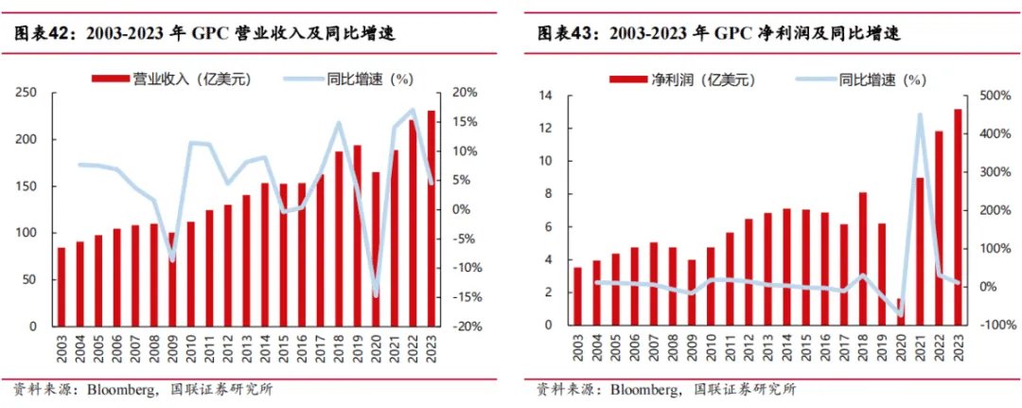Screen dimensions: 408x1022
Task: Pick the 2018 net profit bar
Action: [863, 259]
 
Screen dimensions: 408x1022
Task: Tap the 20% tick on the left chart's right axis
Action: [465, 93]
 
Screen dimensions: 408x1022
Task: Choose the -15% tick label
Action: [465, 297]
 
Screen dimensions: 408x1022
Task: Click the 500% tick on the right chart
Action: [990, 97]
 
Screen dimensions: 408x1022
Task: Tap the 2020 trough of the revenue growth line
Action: [376, 294]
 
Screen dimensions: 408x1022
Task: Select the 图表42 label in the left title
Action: [43, 34]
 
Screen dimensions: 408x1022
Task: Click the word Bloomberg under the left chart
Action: [121, 389]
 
